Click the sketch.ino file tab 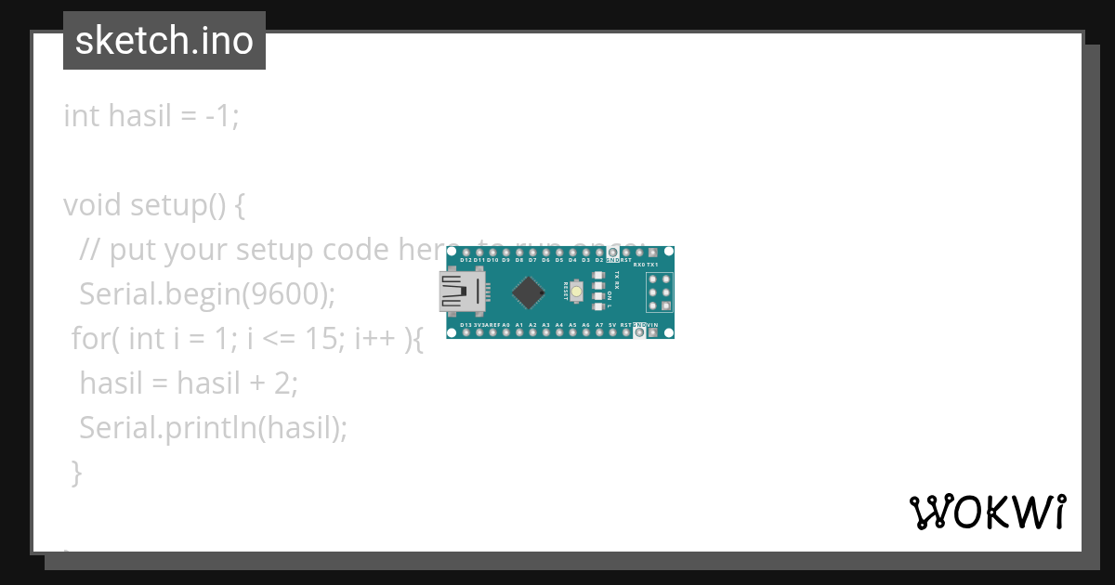(x=164, y=41)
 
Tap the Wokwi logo (x=987, y=512)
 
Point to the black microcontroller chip (x=529, y=292)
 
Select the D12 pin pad (x=465, y=253)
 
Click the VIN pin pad (x=652, y=332)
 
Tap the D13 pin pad (x=465, y=332)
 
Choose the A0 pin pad (x=505, y=332)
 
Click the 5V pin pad (x=612, y=332)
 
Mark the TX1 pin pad (x=652, y=253)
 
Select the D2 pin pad (x=599, y=253)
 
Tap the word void (x=92, y=205)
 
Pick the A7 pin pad (x=599, y=332)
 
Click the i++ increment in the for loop (x=372, y=339)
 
